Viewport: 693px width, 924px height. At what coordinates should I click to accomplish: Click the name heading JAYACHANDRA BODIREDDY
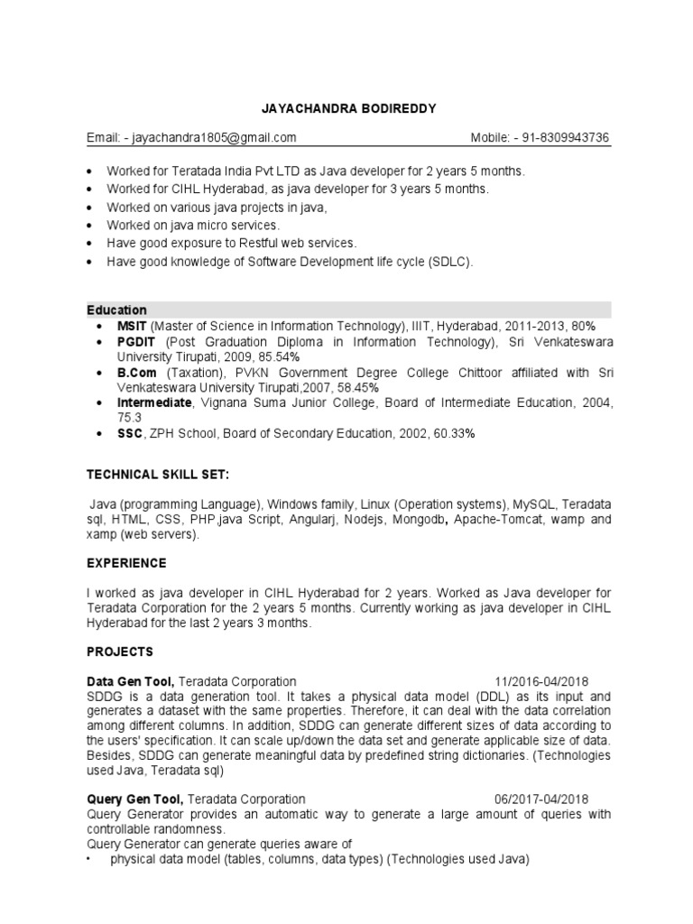(x=346, y=109)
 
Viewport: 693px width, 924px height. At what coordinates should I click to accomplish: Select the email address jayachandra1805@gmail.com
(x=214, y=137)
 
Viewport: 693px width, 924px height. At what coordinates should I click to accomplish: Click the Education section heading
(x=116, y=310)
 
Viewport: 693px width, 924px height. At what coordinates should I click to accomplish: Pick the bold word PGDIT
(x=132, y=342)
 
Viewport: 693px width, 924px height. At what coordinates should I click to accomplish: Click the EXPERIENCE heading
(x=126, y=563)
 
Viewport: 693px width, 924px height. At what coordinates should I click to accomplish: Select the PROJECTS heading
(x=120, y=651)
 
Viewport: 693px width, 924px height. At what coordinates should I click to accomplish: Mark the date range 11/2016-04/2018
(x=541, y=681)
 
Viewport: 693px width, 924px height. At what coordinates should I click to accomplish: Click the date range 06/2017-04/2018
(x=541, y=799)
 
